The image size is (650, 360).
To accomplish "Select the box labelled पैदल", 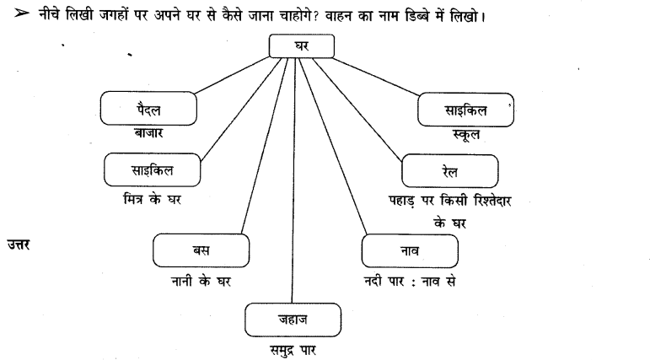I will [148, 109].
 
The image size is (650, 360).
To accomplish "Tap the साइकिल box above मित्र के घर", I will [153, 171].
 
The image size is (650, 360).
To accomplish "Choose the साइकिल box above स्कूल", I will [467, 109].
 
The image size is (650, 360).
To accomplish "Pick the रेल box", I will [454, 171].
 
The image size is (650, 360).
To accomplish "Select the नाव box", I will [410, 251].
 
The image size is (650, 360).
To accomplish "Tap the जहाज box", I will [293, 320].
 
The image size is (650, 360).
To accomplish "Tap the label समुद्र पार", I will [293, 347].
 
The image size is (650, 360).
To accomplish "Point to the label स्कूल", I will [466, 134].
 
